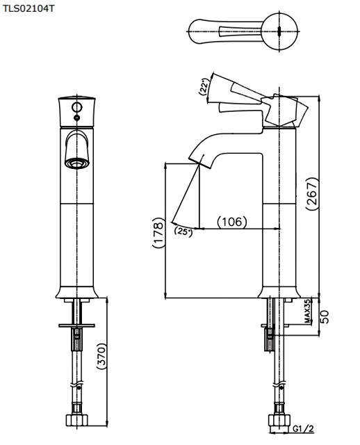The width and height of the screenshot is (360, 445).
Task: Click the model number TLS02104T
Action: (x=28, y=8)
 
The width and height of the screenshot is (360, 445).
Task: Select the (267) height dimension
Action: (x=312, y=194)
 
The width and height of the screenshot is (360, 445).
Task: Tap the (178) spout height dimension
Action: (x=158, y=233)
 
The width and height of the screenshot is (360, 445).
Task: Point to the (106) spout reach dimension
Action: (x=232, y=221)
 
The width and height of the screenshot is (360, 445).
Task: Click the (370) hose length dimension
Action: (x=101, y=356)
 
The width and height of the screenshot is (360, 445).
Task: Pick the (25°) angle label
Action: (x=183, y=232)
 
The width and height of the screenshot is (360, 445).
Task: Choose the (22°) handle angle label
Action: (x=204, y=86)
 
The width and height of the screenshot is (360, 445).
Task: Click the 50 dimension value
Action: (x=325, y=317)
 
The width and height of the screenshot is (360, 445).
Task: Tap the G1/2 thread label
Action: (x=303, y=428)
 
